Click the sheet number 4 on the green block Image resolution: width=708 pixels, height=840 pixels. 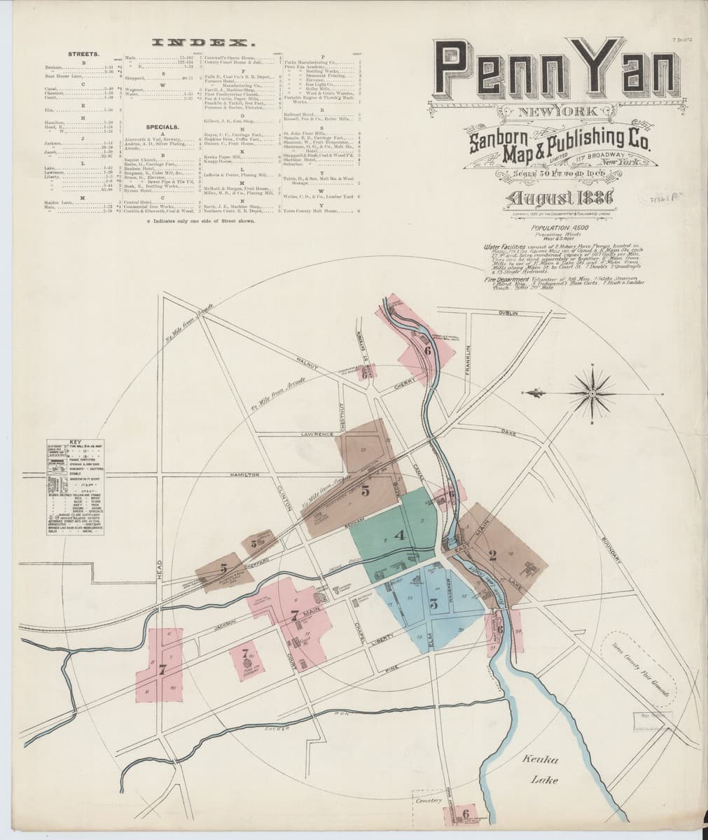click(x=400, y=536)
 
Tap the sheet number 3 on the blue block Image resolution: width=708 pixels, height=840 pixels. click(x=434, y=606)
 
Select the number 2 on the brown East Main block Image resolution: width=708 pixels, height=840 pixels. click(x=492, y=556)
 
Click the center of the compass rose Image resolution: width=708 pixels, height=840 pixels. click(x=592, y=394)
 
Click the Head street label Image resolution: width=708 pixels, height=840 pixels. click(x=160, y=566)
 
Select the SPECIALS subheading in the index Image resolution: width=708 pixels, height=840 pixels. click(x=161, y=127)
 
